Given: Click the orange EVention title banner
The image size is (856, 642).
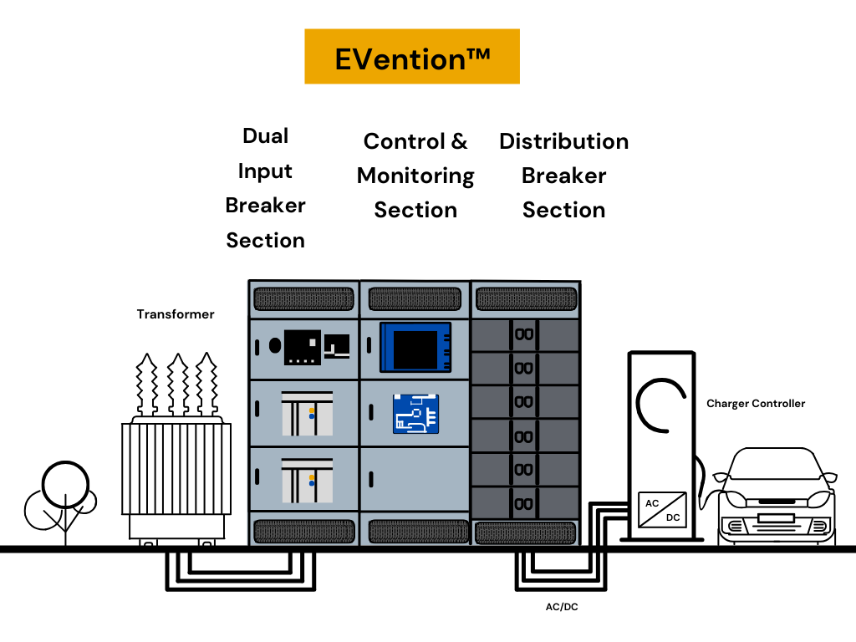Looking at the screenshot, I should tap(411, 57).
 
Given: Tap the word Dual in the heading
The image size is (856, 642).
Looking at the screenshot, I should tap(265, 136).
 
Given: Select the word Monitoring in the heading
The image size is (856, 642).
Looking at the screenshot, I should tap(415, 176).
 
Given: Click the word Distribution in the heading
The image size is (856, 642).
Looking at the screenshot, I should tap(563, 141).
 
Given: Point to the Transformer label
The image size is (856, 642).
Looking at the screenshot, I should tap(176, 315).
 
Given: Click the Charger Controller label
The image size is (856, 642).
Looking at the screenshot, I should tap(756, 404).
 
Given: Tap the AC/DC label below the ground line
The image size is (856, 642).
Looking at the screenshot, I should tap(561, 607).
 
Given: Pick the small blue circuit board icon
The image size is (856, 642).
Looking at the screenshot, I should tap(415, 413).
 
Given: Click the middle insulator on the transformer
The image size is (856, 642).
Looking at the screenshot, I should tap(177, 385).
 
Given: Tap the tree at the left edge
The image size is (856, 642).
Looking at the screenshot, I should tap(61, 497).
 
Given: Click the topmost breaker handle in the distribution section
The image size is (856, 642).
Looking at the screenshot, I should tap(524, 335).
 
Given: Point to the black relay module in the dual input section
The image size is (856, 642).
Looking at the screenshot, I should tap(302, 345).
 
